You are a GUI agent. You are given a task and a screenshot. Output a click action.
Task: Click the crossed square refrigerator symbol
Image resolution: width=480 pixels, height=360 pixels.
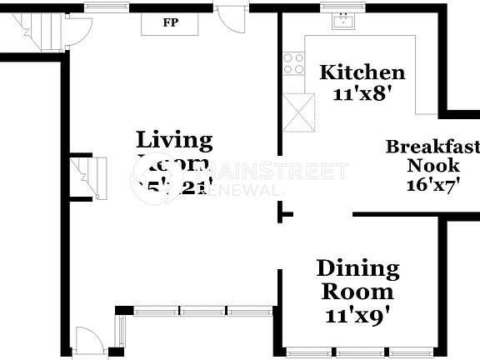click(x=299, y=112)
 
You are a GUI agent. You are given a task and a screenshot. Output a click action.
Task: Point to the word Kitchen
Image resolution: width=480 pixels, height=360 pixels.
click(x=362, y=72)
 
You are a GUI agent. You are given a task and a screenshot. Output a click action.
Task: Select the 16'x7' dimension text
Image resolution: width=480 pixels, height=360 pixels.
click(x=434, y=185)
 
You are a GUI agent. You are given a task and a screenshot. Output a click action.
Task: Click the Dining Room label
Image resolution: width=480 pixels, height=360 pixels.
click(x=357, y=280)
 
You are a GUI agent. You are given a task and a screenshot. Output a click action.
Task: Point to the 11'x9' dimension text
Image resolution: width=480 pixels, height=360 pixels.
click(x=357, y=316)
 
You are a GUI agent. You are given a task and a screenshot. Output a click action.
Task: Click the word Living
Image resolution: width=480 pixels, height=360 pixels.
click(x=174, y=139)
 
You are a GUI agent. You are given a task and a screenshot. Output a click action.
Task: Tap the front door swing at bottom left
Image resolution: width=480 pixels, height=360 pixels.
click(x=87, y=341)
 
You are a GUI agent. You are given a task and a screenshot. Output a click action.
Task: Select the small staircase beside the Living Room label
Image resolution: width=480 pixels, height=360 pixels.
click(x=84, y=177)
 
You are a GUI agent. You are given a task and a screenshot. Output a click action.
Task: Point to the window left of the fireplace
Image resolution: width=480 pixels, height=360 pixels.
click(x=101, y=8)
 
